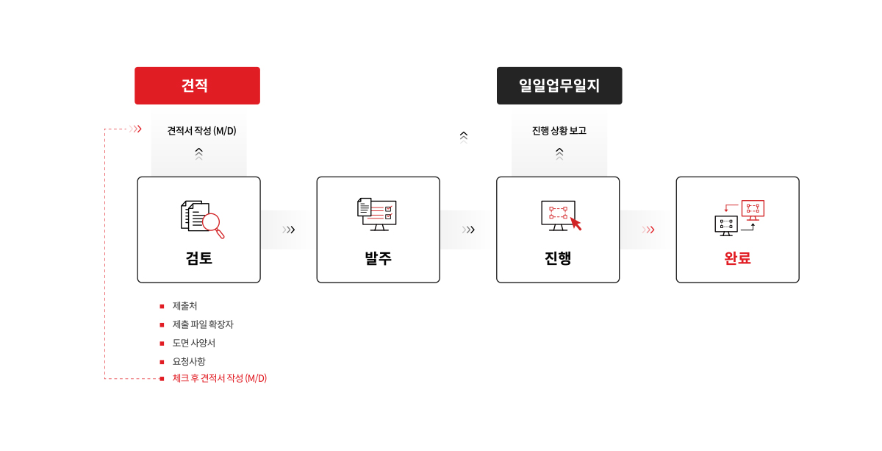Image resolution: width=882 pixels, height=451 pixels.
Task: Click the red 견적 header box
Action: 197,85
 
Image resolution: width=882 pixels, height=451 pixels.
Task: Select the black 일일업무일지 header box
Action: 559,85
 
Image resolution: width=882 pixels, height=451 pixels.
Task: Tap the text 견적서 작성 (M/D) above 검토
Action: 201,130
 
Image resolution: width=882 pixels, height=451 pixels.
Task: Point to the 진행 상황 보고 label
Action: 559,130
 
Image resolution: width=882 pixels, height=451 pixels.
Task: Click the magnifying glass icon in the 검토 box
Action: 213,224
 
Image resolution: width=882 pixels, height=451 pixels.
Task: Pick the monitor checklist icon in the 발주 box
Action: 377,214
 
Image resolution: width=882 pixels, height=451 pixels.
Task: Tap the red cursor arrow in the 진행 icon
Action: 576,224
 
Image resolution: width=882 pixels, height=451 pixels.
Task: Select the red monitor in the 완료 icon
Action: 753,210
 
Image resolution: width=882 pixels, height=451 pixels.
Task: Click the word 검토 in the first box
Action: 199,258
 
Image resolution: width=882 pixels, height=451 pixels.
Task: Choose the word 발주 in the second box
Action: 378,258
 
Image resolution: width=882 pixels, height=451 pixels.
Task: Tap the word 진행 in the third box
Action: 558,258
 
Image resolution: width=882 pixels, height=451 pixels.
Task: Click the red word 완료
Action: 737,258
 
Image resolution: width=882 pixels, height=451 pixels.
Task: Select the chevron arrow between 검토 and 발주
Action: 289,230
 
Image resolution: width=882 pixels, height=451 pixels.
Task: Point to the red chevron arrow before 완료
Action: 648,230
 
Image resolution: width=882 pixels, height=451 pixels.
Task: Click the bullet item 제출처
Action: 184,306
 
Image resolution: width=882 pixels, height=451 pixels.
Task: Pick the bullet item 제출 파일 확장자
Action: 203,324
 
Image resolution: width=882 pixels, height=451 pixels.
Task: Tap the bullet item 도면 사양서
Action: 194,343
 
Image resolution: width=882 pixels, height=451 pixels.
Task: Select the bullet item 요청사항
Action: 189,361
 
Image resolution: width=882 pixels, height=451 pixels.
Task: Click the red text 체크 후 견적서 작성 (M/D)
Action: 219,378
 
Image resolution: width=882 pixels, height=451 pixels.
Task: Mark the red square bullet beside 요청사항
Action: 162,362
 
